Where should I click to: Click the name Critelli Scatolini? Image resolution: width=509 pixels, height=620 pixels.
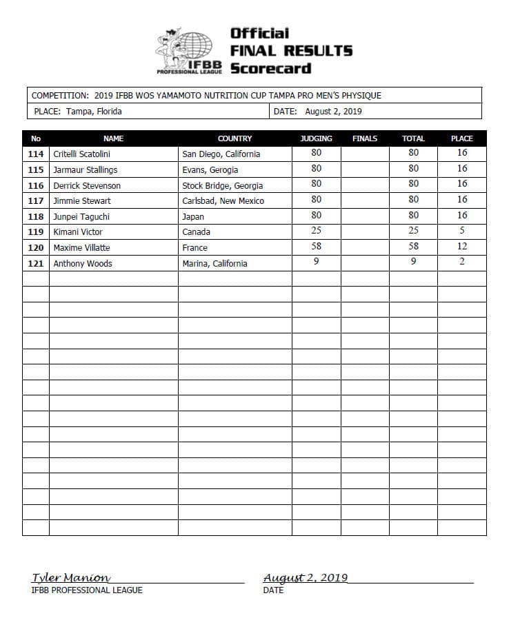81,154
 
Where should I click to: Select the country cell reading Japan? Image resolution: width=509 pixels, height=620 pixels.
193,216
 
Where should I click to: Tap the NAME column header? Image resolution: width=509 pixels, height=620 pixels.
113,138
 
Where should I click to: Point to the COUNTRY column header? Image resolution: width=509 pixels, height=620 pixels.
234,138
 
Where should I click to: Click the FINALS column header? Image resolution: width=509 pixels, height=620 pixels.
365,138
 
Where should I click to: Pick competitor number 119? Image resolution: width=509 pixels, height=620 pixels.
36,232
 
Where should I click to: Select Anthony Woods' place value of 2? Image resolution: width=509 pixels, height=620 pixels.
462,262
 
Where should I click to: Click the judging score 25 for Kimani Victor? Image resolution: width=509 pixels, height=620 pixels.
316,231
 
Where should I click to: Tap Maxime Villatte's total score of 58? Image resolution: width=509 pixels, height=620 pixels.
413,247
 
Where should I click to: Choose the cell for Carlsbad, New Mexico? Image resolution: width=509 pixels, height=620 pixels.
223,201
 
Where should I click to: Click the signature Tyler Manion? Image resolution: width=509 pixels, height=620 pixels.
70,578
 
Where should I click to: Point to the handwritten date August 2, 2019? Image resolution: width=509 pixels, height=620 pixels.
306,578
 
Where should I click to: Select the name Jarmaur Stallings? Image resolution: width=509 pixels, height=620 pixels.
85,169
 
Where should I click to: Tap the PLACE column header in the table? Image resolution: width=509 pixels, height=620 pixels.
461,138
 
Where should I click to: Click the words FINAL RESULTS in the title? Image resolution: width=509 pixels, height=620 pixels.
291,50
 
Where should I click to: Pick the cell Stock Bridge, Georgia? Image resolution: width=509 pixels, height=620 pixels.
222,185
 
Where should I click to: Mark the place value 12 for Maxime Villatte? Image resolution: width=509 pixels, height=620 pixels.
462,247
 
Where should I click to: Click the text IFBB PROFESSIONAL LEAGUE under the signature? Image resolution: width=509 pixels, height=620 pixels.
87,590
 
